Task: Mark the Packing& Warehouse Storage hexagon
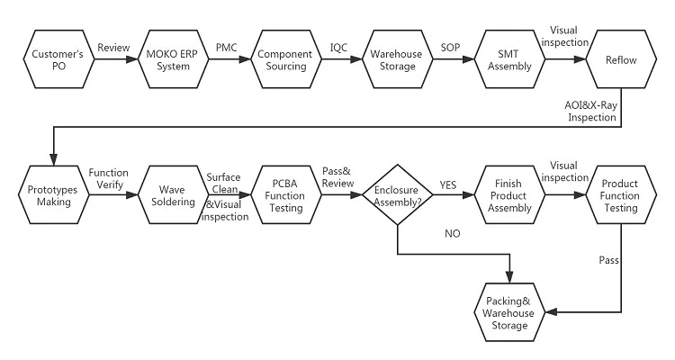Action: (509, 312)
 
